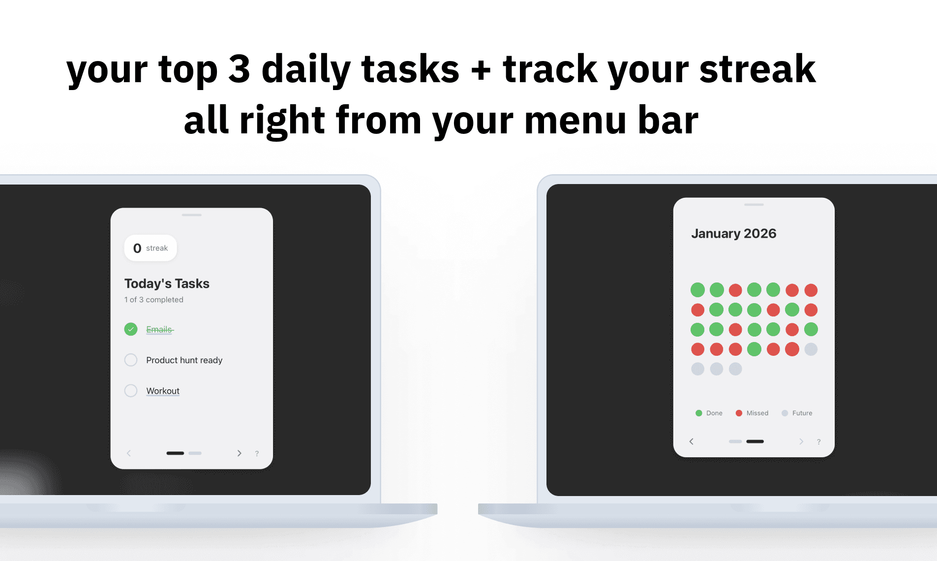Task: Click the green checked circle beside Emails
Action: (131, 329)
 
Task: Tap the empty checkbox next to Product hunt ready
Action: (131, 360)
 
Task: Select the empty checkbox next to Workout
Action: (131, 391)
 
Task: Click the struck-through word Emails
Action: (159, 329)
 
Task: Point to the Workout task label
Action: (163, 391)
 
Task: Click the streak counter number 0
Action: (137, 249)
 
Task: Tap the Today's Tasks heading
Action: (167, 283)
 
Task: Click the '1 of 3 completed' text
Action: (153, 300)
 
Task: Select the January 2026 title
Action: (733, 233)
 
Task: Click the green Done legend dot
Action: (698, 413)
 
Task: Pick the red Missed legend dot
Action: (739, 413)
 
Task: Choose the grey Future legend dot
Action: (785, 413)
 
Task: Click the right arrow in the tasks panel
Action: (239, 453)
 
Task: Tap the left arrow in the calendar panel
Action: (691, 441)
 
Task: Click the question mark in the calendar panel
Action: (818, 442)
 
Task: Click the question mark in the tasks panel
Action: (257, 454)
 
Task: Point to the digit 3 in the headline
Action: (240, 69)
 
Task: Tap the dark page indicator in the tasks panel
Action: (175, 453)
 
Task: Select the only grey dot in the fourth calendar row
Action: (811, 349)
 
